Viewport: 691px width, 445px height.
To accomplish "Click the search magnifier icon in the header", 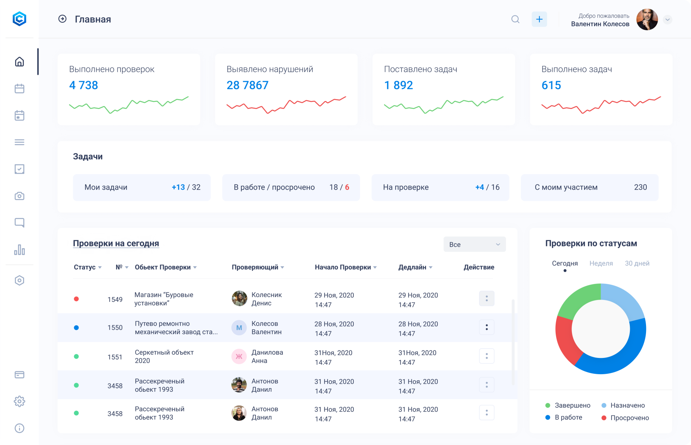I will pyautogui.click(x=515, y=19).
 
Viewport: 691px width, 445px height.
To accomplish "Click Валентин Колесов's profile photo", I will pyautogui.click(x=647, y=19).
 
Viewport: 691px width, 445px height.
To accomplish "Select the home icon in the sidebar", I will pyautogui.click(x=19, y=62).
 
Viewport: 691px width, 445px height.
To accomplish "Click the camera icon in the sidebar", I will pyautogui.click(x=19, y=196).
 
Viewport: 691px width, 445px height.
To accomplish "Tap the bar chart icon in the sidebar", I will pyautogui.click(x=19, y=250).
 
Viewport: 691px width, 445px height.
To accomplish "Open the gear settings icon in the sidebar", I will pyautogui.click(x=19, y=401).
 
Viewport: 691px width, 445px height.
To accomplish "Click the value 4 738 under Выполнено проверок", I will pyautogui.click(x=83, y=85).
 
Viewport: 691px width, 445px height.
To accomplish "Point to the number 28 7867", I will pyautogui.click(x=247, y=85).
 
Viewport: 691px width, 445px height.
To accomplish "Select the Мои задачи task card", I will pyautogui.click(x=142, y=187).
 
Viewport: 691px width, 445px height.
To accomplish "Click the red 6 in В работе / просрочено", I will pyautogui.click(x=347, y=187).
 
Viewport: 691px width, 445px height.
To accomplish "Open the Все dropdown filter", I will pyautogui.click(x=474, y=244).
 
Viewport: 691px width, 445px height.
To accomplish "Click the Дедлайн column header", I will pyautogui.click(x=412, y=267).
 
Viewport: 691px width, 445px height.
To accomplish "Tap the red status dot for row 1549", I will pyautogui.click(x=76, y=299).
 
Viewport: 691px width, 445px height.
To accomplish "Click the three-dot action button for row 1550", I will pyautogui.click(x=487, y=327).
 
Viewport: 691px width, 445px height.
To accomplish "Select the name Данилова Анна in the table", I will pyautogui.click(x=267, y=357).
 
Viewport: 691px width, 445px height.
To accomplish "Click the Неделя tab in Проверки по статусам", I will pyautogui.click(x=601, y=263).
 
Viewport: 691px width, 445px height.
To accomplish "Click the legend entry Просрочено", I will pyautogui.click(x=629, y=418).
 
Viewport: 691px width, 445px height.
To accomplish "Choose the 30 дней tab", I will pyautogui.click(x=637, y=263).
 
